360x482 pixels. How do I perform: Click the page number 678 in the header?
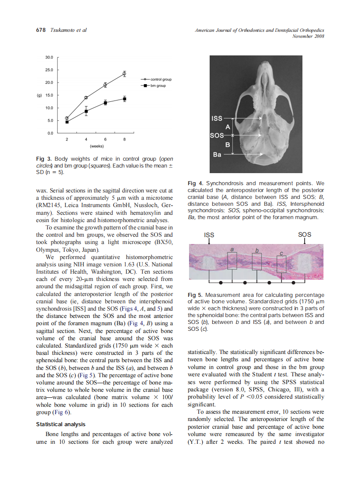[x=40, y=30]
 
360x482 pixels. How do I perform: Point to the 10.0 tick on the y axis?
[x=49, y=108]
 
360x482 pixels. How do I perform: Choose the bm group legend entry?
[x=158, y=86]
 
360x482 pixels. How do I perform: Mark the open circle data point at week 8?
[x=124, y=74]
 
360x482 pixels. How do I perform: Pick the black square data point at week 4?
[x=86, y=111]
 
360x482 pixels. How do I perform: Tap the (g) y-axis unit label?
[x=38, y=95]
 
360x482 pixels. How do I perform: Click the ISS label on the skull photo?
[x=217, y=118]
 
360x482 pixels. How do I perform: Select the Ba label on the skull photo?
[x=217, y=154]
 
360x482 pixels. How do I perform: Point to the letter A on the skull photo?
[x=228, y=127]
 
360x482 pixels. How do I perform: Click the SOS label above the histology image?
[x=304, y=235]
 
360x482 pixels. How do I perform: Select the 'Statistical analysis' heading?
[x=61, y=424]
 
